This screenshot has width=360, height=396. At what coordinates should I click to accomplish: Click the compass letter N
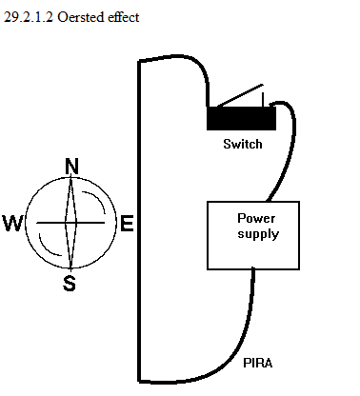tap(71, 166)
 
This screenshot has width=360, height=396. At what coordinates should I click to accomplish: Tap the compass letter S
tap(70, 284)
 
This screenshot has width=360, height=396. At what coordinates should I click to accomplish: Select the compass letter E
tap(127, 223)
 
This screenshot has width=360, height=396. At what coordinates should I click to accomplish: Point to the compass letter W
tap(12, 224)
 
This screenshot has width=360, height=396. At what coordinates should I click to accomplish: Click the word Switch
tap(243, 144)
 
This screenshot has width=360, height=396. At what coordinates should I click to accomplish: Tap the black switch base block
tap(241, 118)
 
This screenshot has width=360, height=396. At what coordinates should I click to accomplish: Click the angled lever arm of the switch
tap(240, 95)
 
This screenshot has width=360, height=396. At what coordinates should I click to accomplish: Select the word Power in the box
tap(256, 218)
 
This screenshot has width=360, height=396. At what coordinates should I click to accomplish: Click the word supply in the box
tap(258, 234)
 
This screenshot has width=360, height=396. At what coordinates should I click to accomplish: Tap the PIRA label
tap(258, 363)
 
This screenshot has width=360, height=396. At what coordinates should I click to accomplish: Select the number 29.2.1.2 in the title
tap(29, 17)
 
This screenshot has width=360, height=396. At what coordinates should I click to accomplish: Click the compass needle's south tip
tap(70, 268)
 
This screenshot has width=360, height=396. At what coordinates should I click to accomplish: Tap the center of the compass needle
tap(70, 223)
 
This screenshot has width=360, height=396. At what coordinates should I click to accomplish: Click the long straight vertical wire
tap(139, 221)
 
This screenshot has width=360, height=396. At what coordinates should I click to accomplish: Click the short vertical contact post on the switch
tap(263, 100)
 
